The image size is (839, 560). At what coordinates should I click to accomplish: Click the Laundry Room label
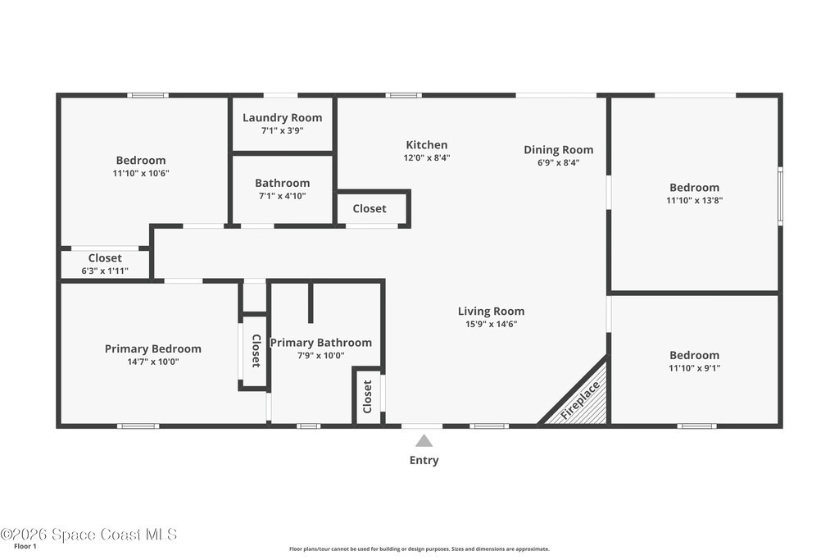(x=282, y=118)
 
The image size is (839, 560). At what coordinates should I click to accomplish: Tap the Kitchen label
(x=426, y=144)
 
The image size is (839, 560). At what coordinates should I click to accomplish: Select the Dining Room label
(x=558, y=150)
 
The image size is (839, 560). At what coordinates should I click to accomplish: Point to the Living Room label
(x=491, y=311)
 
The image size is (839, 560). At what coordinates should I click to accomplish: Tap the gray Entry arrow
(x=424, y=440)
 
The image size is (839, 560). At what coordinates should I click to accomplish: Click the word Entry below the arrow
(x=424, y=461)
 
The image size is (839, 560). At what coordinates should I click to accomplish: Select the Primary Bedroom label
(x=153, y=349)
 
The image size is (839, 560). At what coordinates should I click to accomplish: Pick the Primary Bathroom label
(x=320, y=343)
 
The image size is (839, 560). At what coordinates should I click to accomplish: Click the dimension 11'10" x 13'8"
(x=694, y=201)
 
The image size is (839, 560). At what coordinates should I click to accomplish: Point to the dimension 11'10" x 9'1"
(x=694, y=368)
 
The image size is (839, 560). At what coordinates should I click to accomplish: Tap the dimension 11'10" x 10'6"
(x=141, y=174)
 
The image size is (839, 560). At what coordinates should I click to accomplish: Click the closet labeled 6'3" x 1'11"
(x=105, y=264)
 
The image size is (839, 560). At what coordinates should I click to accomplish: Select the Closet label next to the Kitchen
(x=370, y=209)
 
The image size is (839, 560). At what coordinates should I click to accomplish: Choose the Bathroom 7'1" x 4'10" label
(x=282, y=189)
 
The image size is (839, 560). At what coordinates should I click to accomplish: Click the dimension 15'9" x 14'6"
(x=491, y=324)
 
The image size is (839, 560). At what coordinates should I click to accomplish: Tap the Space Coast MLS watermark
(x=88, y=535)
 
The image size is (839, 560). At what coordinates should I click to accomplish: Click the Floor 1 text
(x=25, y=547)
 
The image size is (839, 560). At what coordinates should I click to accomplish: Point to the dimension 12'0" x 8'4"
(x=426, y=158)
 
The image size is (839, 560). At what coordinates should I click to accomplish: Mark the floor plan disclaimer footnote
(x=419, y=549)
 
